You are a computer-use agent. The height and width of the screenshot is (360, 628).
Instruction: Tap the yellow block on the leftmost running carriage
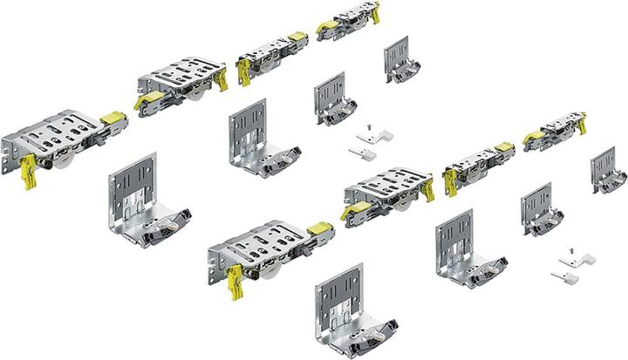click(112, 116)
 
